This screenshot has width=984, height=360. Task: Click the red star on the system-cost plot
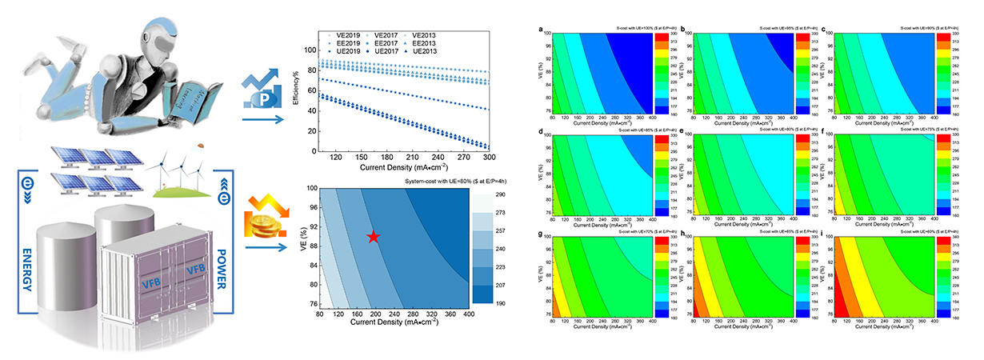click(374, 237)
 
